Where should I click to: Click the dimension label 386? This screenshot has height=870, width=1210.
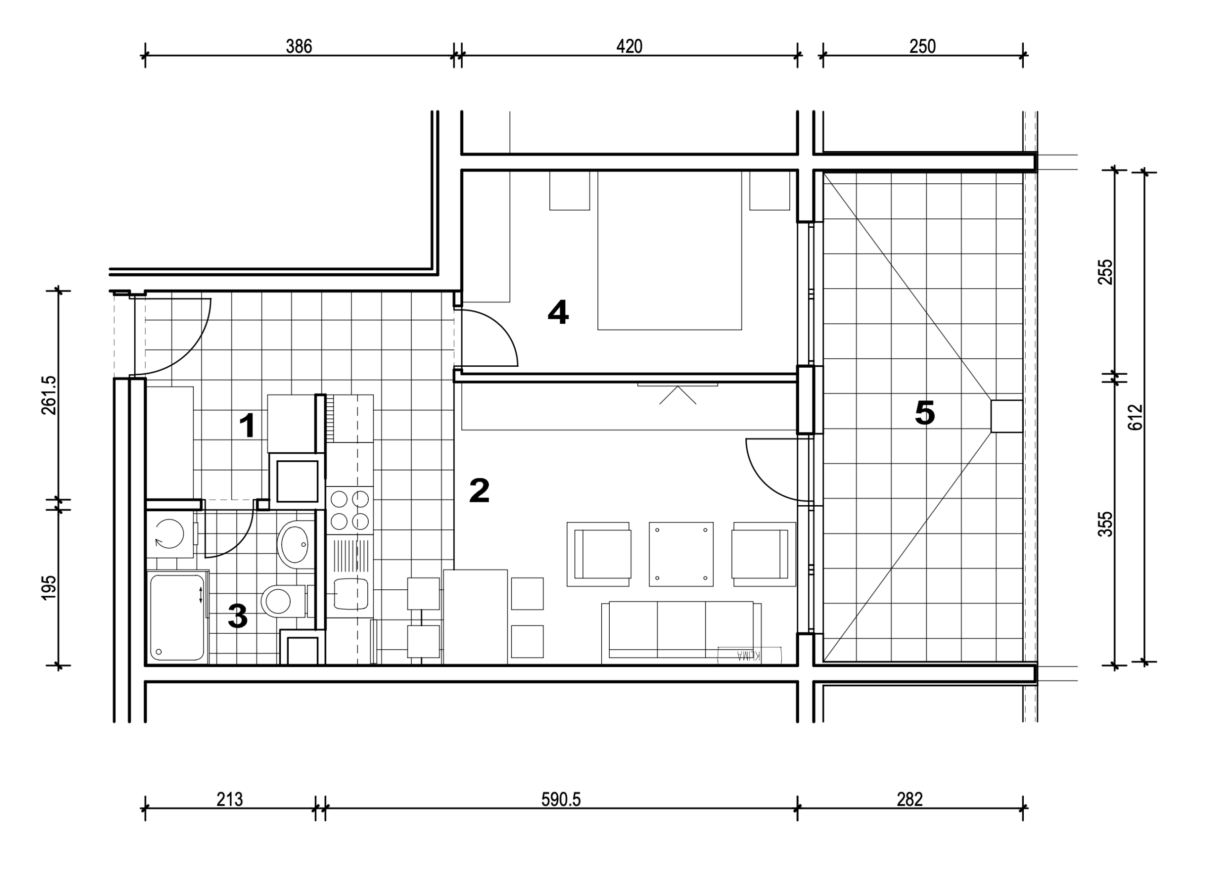pos(299,46)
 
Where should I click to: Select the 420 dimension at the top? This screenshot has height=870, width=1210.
pos(629,46)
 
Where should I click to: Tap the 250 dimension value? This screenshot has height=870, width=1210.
pos(923,46)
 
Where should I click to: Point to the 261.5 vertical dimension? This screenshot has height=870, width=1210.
pos(48,395)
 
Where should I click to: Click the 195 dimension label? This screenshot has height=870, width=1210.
pos(48,587)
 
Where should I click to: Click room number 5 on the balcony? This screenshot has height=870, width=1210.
pos(925,413)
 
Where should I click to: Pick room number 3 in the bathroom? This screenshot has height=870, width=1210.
pos(237,616)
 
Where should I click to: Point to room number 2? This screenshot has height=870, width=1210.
pos(479,491)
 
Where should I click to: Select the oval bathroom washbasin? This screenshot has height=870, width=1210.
pos(293,544)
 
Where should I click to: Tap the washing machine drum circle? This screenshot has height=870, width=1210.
pos(169,534)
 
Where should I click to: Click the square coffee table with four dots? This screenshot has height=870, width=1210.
pos(681,554)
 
